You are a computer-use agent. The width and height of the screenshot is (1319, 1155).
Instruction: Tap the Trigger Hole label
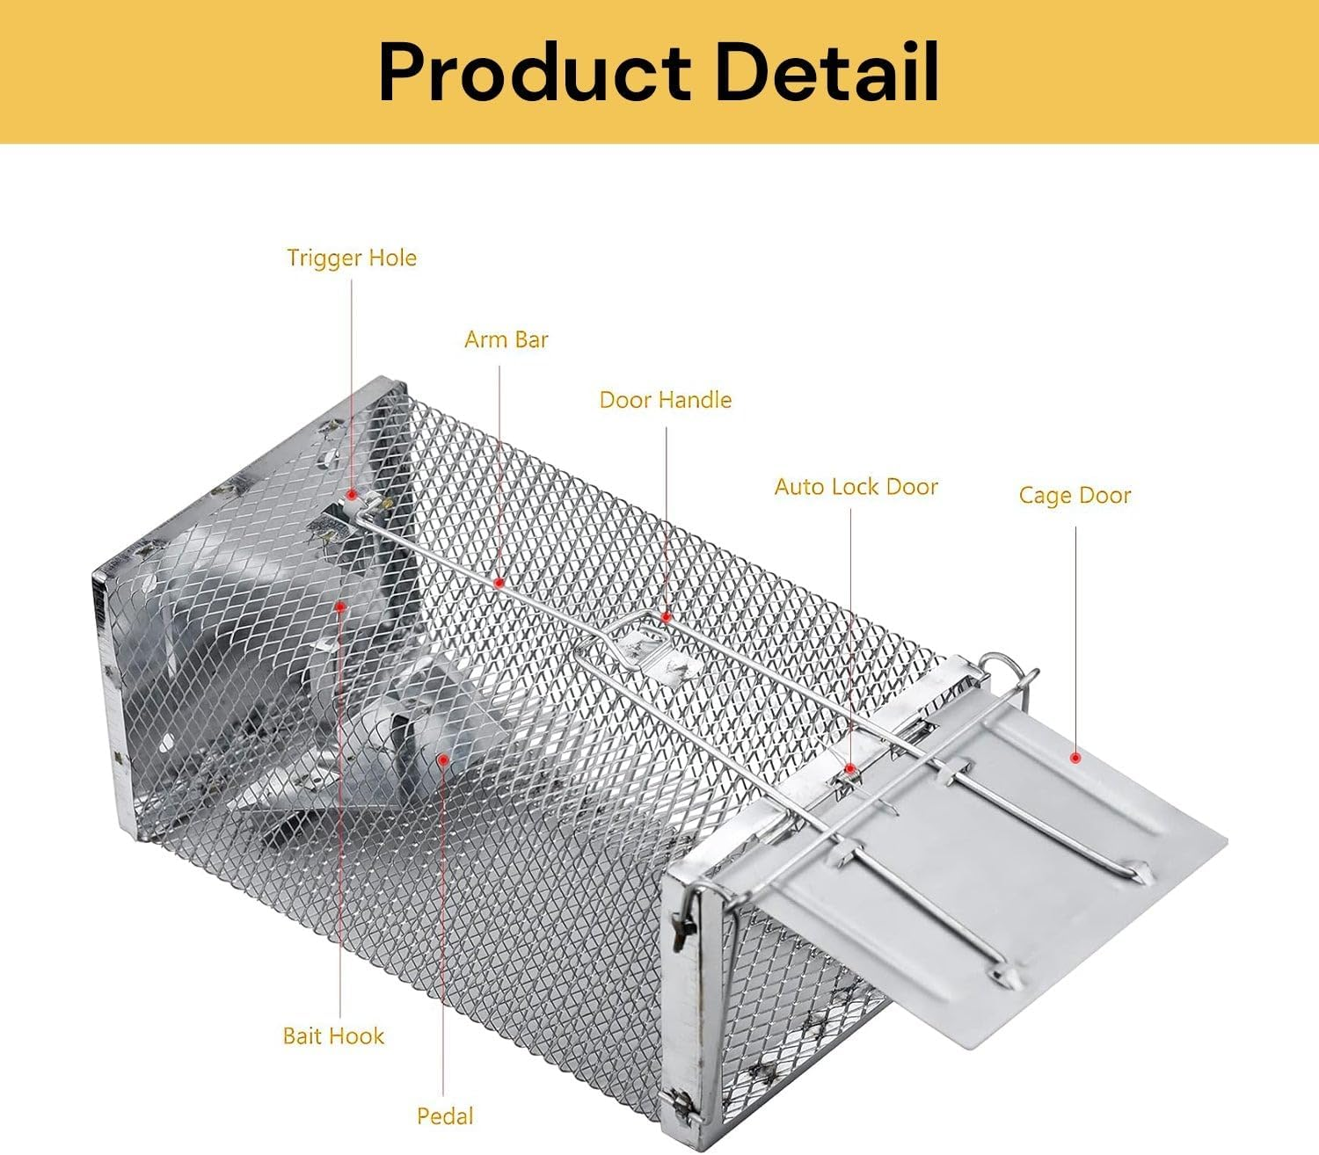point(351,258)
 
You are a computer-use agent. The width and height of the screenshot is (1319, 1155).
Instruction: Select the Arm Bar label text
point(506,339)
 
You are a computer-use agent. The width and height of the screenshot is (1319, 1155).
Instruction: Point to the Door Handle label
point(665,400)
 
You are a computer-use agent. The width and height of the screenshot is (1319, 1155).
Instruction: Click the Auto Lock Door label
point(856,487)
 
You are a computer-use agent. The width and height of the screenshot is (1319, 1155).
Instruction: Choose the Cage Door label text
point(1074,496)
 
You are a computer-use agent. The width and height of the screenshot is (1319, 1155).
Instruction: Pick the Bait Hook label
point(333,1035)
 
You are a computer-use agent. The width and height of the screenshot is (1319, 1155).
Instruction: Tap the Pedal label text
point(445,1116)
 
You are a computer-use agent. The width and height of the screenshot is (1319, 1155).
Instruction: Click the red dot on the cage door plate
point(1075,758)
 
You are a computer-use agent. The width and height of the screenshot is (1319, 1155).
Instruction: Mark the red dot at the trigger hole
point(351,496)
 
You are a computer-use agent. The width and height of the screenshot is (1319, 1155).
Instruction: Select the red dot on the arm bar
point(499,582)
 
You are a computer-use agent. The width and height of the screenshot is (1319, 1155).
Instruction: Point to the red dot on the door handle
point(666,617)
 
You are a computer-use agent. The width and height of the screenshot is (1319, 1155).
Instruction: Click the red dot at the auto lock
point(850,769)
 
